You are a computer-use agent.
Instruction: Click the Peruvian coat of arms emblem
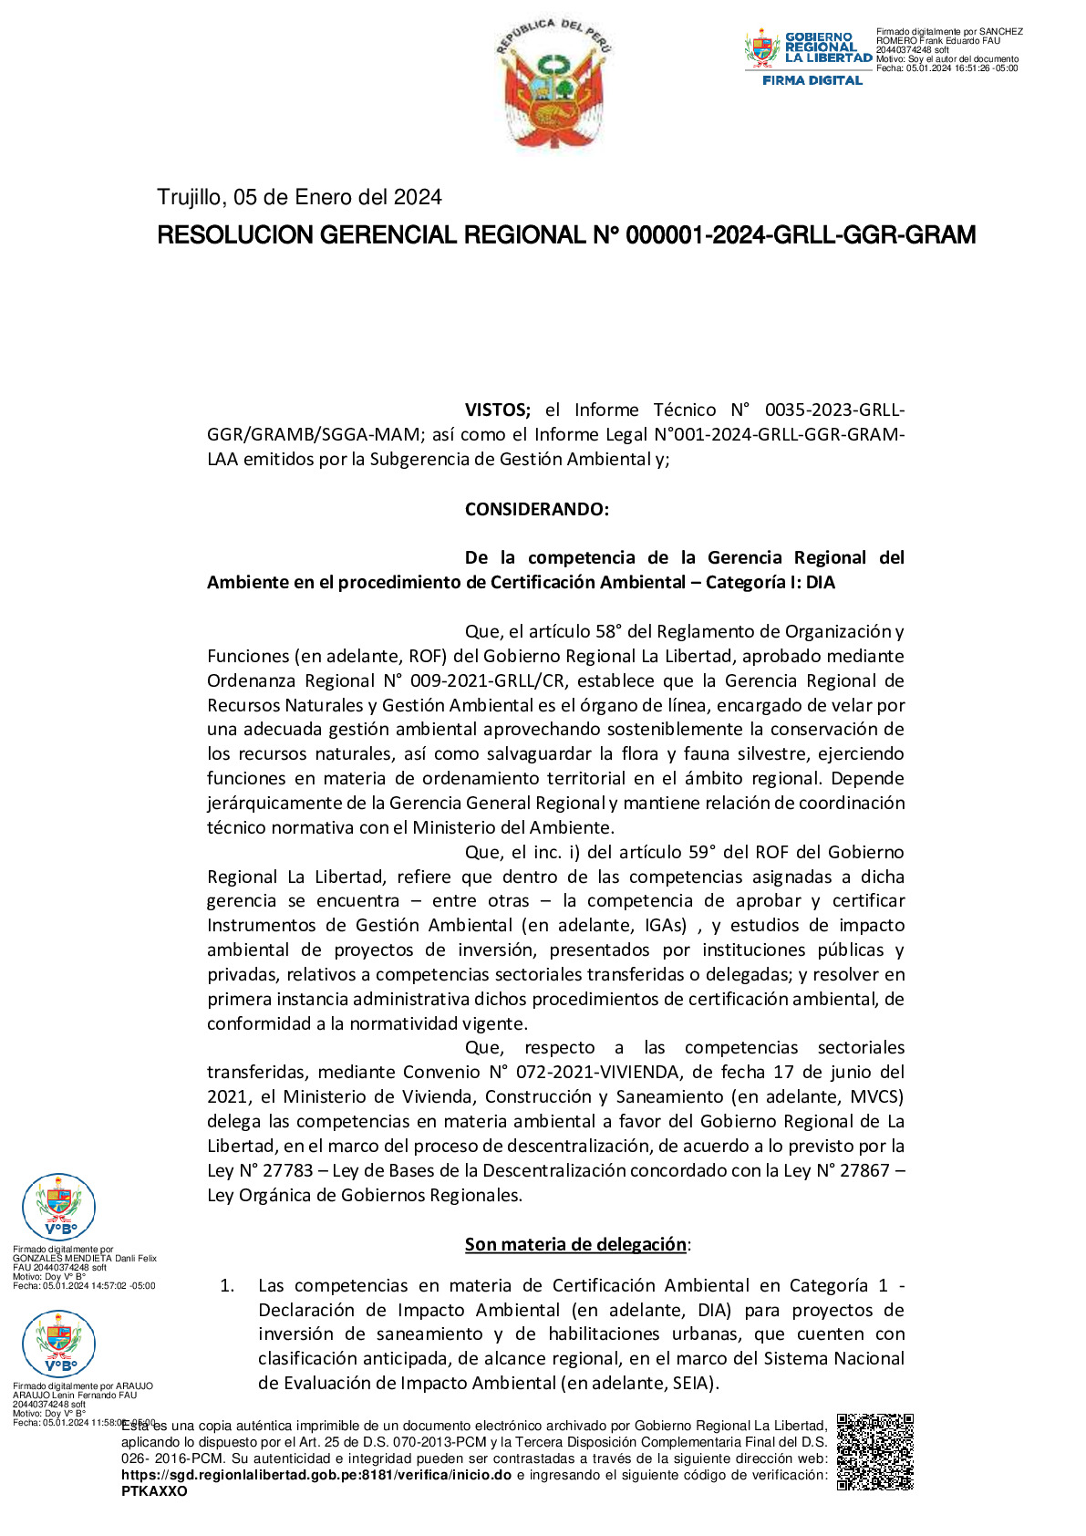click(x=554, y=85)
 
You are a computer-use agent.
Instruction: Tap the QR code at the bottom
click(x=874, y=1451)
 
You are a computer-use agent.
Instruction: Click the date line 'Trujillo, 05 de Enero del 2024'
click(x=299, y=197)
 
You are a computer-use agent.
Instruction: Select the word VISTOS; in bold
click(x=497, y=410)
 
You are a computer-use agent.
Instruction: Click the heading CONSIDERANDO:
click(x=536, y=509)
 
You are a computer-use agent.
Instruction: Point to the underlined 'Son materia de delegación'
click(x=575, y=1244)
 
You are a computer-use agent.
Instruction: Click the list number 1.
click(x=227, y=1285)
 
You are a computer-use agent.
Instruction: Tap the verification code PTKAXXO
click(x=154, y=1491)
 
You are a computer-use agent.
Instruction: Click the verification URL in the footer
click(x=316, y=1475)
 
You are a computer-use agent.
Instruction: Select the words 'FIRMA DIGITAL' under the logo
click(x=812, y=80)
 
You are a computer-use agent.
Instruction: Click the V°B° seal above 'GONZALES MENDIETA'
click(x=58, y=1207)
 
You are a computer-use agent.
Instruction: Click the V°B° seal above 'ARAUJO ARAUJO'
click(x=58, y=1344)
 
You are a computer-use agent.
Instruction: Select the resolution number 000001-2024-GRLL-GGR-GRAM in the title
click(x=800, y=235)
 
